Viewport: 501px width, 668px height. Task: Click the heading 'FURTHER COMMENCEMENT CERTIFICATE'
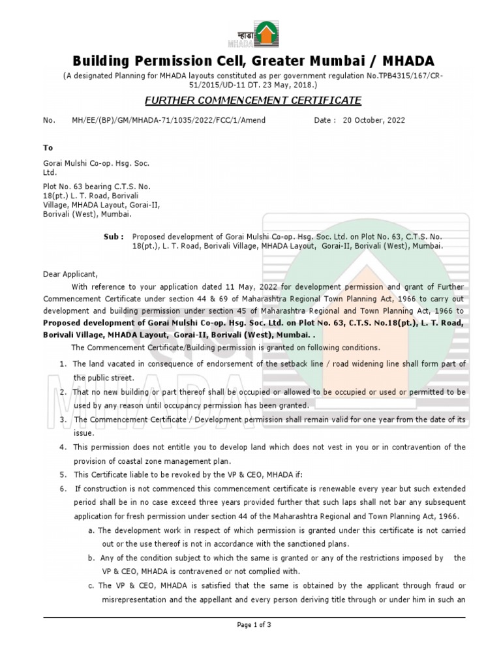[252, 100]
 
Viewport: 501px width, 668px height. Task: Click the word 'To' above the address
[48, 148]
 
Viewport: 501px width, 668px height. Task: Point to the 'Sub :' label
[114, 237]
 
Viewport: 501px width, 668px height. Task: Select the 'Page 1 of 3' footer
[254, 624]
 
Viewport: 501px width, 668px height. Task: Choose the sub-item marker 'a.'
[92, 530]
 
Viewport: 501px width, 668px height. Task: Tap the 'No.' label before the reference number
[48, 121]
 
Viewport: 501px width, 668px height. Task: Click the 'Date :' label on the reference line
[325, 121]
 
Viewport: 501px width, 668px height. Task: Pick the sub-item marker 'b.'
[92, 558]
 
